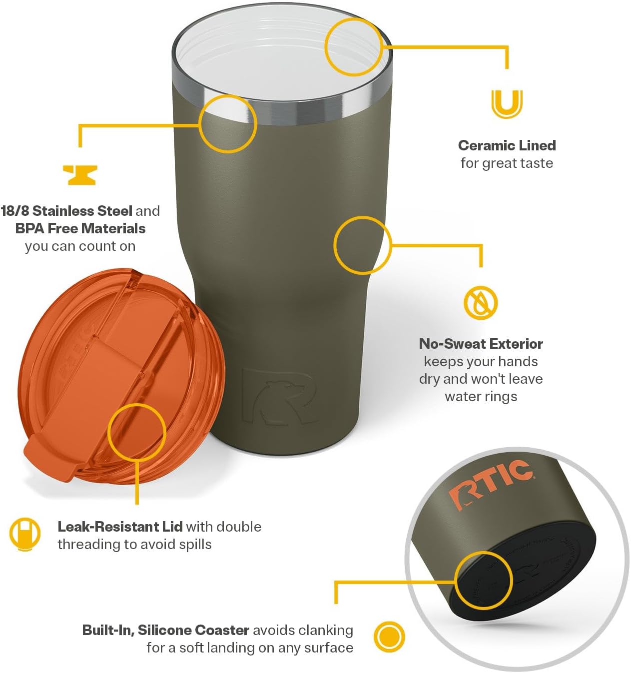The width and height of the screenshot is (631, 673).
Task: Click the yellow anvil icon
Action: pos(80,175)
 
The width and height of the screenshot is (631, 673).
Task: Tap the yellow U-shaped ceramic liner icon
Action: pos(507,103)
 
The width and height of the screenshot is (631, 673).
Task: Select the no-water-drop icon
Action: pos(481,302)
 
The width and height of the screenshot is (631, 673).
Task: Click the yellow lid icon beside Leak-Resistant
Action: pos(24,534)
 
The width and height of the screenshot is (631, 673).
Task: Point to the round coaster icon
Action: pos(389,637)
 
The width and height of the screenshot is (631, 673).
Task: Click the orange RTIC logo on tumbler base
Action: pos(490,482)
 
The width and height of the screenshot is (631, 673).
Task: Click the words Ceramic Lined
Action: pos(507,145)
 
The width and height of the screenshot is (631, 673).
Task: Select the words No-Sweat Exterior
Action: pos(481,344)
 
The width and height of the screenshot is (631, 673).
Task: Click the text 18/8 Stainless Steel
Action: pos(66,211)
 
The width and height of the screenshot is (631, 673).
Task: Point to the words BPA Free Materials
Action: pos(80,228)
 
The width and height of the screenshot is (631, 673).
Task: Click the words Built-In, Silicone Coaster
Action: pos(166,630)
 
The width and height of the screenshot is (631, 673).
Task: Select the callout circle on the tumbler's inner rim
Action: pos(354,47)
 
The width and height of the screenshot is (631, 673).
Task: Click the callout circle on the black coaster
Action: pos(484,581)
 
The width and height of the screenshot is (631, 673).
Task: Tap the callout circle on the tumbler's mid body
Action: pos(362,245)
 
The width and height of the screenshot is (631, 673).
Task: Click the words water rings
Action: pos(481,397)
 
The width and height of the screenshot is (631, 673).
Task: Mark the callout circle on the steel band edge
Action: pos(228,123)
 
